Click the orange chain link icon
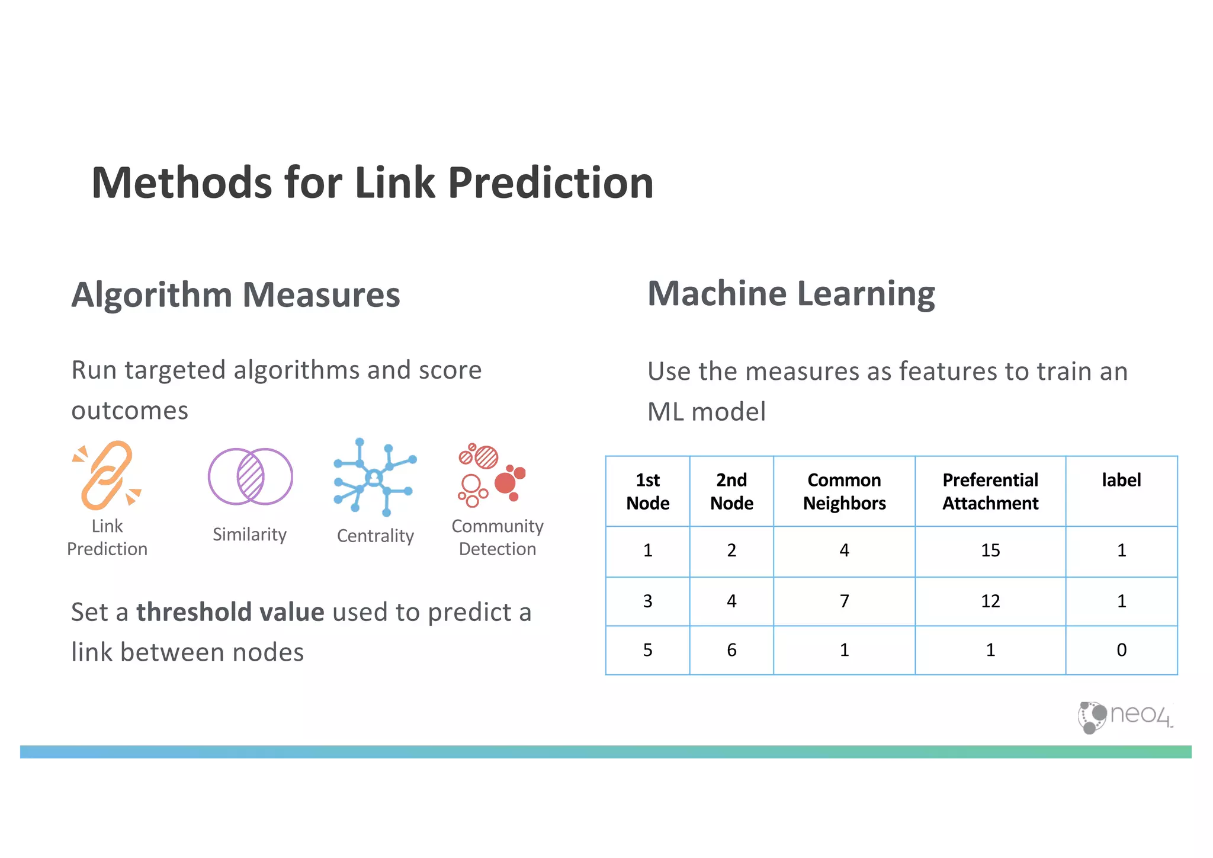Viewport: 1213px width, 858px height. pos(107,475)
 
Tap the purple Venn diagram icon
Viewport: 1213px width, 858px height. pos(250,476)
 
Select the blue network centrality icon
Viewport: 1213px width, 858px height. pos(374,478)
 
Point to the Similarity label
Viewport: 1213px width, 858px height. pos(249,534)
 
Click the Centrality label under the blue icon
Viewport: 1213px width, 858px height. pos(375,536)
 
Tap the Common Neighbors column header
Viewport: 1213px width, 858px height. pos(844,491)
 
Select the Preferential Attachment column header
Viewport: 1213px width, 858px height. pos(990,491)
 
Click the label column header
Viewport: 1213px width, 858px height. pos(1121,480)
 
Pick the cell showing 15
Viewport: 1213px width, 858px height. pos(990,550)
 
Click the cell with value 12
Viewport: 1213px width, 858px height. pos(990,601)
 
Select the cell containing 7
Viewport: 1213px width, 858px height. pos(844,601)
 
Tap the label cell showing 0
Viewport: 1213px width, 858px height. pos(1121,650)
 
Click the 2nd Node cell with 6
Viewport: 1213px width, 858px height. pos(731,650)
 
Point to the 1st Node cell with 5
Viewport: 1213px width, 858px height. pos(647,650)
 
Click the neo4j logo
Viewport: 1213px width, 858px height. pos(1124,716)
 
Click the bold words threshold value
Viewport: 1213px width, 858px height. pos(230,612)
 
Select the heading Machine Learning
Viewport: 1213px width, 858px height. pos(791,294)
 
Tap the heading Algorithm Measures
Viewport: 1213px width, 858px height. pos(236,295)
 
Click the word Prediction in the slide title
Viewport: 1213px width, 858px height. pos(550,183)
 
